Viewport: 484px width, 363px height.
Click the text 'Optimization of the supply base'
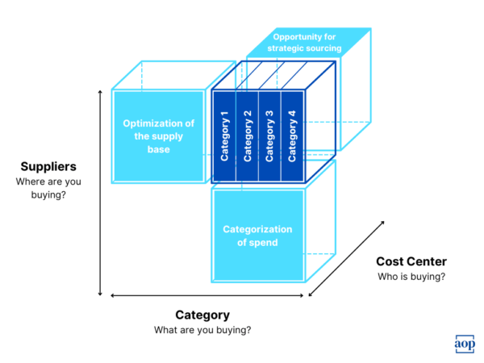[158, 136]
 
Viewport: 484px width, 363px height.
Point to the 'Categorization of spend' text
[258, 236]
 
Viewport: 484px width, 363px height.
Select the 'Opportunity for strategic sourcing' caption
[307, 43]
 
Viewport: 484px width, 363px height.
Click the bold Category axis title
[202, 315]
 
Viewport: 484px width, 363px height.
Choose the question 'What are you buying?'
[202, 330]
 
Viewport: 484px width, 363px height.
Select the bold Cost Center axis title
[411, 261]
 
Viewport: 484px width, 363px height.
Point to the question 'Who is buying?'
[411, 277]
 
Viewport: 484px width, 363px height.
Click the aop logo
[464, 343]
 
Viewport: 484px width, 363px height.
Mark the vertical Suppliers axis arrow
[100, 194]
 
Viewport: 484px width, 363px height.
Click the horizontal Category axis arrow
[208, 296]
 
